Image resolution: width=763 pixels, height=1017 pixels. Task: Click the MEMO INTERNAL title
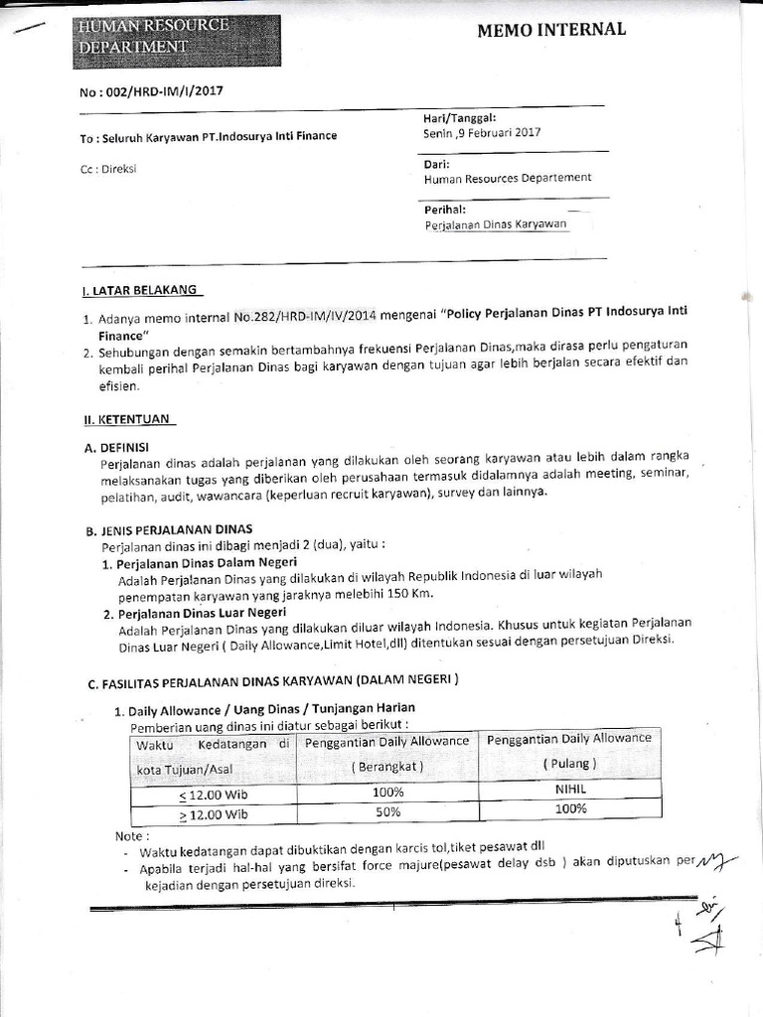click(x=551, y=29)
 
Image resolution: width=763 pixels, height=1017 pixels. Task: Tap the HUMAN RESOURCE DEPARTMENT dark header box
click(x=176, y=36)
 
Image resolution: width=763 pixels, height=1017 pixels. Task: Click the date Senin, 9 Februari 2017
click(x=483, y=131)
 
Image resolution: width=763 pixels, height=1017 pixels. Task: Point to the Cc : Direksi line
click(x=108, y=169)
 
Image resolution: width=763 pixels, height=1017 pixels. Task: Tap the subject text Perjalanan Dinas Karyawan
click(x=495, y=224)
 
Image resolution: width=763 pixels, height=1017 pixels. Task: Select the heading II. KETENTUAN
click(x=128, y=419)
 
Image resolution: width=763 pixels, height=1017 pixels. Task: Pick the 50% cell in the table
click(x=387, y=811)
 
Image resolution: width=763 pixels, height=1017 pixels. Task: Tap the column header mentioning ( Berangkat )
click(x=386, y=767)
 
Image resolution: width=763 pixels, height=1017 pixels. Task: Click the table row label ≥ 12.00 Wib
click(x=213, y=814)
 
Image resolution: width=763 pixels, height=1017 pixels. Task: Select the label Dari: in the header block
click(x=436, y=163)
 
